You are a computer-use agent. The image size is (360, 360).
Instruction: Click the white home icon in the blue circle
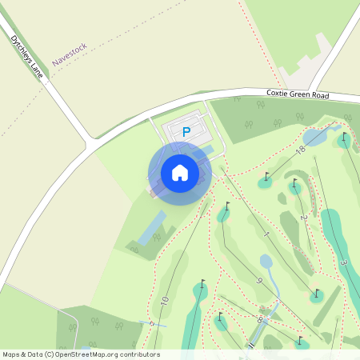pos(179,172)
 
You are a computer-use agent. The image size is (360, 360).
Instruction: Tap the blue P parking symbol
pos(186,132)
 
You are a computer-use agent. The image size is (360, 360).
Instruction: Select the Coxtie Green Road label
pos(298,95)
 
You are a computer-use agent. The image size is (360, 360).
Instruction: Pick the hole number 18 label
pos(301,150)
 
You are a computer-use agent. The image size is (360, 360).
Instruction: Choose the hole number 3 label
pos(342,264)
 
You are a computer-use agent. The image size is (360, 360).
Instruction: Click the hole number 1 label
pos(265,234)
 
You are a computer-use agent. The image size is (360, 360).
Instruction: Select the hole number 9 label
pos(260,280)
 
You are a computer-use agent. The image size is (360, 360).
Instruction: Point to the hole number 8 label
pos(259,319)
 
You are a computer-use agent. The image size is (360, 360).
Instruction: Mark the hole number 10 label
pos(164,302)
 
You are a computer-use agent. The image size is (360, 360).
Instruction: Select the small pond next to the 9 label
pos(267,262)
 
